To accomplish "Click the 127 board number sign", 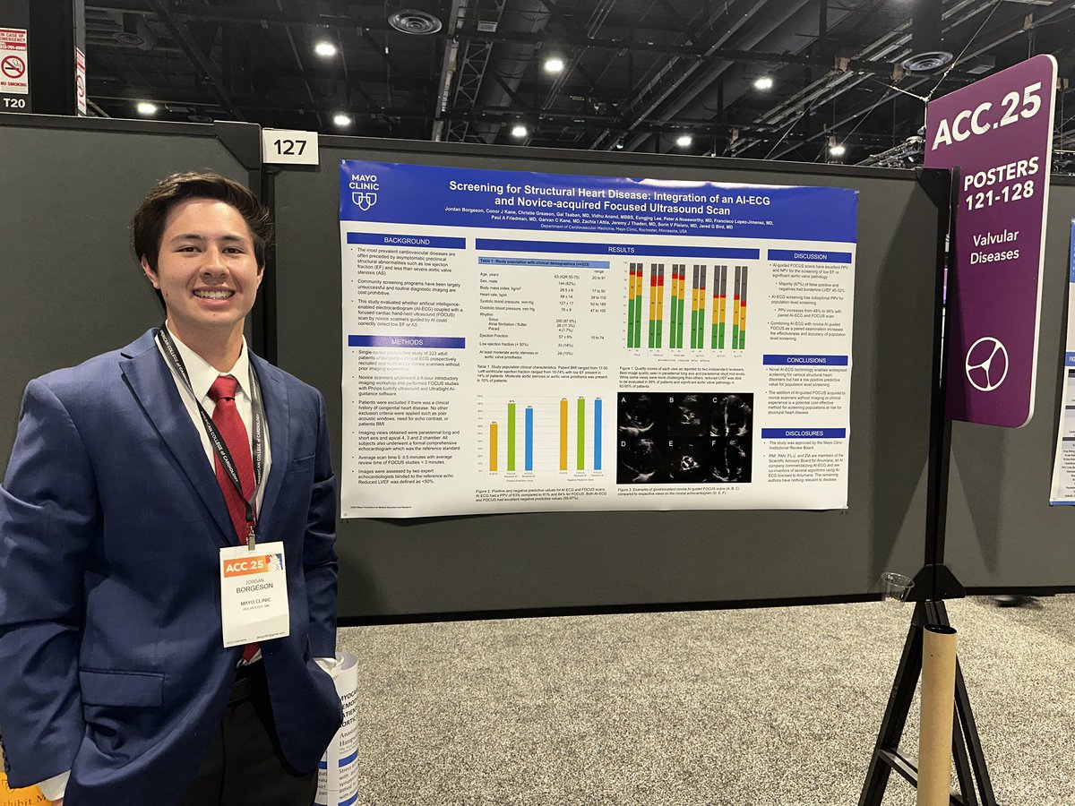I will click(x=289, y=147).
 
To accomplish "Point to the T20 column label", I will click(x=13, y=102).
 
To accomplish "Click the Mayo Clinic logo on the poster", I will click(x=364, y=188).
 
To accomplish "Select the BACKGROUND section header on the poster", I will click(x=406, y=241).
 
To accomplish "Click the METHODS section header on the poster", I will click(x=406, y=341).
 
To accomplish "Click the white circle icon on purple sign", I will click(x=986, y=364).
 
